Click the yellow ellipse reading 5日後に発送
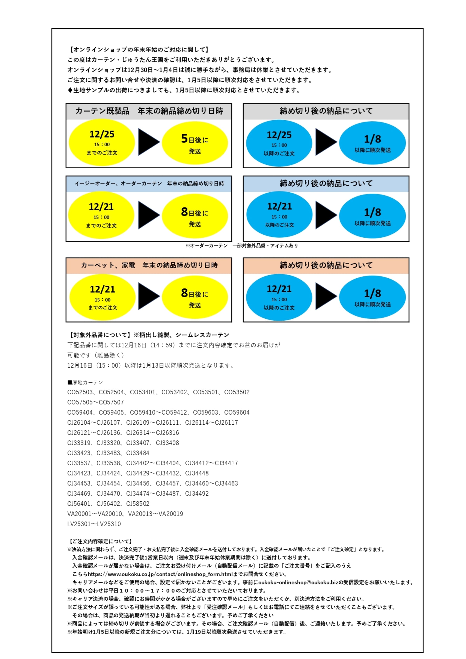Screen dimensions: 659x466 (195, 143)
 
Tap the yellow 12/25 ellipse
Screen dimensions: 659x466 (102, 142)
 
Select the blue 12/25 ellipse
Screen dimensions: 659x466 (279, 143)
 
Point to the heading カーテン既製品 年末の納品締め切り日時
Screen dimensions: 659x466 (149, 111)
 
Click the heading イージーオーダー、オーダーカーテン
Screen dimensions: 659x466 (149, 184)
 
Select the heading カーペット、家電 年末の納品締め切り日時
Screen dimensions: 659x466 (149, 265)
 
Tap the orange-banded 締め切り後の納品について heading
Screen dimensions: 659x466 (326, 265)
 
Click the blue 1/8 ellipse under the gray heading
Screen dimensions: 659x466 (372, 143)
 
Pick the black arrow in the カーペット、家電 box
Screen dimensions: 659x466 (148, 296)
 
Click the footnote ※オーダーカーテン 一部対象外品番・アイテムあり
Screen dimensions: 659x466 (242, 246)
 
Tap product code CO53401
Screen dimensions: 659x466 (143, 392)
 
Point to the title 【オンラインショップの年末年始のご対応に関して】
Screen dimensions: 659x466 (138, 50)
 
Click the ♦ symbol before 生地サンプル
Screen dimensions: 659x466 (70, 90)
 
